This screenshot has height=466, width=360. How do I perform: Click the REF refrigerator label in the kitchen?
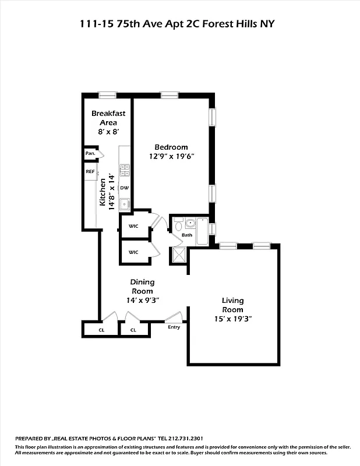click(x=90, y=172)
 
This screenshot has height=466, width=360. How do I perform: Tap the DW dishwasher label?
click(x=124, y=188)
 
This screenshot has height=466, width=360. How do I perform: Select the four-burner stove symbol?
click(x=124, y=170)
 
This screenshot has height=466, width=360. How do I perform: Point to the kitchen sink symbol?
click(x=123, y=204)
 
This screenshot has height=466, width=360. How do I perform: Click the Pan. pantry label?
click(x=90, y=153)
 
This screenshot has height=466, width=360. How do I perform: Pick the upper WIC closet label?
click(x=133, y=226)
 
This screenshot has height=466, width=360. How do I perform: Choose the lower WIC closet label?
click(x=133, y=252)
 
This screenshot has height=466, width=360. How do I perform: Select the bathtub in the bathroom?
click(x=202, y=231)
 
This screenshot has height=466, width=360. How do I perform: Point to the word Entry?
click(x=174, y=327)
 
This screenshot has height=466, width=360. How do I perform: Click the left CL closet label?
click(x=101, y=330)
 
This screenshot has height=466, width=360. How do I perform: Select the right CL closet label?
click(x=133, y=330)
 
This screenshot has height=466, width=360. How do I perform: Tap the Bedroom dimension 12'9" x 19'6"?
click(x=171, y=156)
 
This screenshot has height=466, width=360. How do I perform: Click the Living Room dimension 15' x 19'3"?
click(x=232, y=319)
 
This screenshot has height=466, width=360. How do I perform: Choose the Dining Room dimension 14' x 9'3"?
click(x=142, y=300)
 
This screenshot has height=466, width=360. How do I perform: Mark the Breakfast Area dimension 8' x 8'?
click(x=104, y=132)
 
